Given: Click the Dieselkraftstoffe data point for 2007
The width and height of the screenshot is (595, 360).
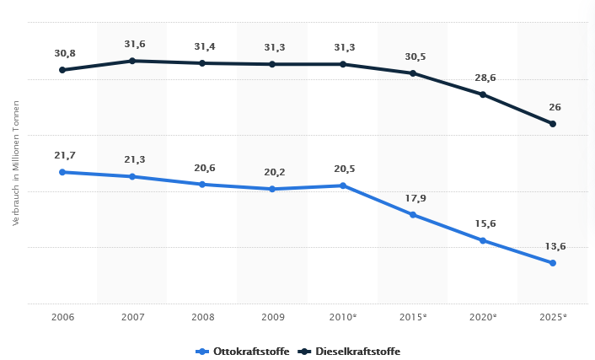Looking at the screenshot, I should pos(132,61).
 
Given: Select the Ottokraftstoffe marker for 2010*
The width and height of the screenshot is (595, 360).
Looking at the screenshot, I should pos(343,185).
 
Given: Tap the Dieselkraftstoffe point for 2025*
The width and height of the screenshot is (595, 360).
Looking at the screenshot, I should pos(553,124).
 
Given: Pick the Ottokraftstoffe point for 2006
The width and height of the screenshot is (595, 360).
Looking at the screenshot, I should pos(62,172).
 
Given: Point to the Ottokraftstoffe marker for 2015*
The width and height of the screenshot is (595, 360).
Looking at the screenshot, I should pos(413,215).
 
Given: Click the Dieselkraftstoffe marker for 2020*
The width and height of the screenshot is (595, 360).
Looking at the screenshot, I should pos(483,94).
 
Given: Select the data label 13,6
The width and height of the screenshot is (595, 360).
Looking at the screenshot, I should pos(555,246).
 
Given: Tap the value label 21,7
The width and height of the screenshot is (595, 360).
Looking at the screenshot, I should pos(65,155).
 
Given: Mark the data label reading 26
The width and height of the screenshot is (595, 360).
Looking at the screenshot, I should pos(555,107).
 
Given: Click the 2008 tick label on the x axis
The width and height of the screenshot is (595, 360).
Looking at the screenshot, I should pos(202,316).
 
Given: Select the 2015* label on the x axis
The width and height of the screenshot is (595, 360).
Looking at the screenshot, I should pos(413,316).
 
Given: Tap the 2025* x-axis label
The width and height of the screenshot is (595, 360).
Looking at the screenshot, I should pos(553,316).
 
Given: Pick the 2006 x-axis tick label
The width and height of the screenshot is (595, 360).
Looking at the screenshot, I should pos(62,316).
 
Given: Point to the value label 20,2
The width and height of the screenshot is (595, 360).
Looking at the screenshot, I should pos(275,172).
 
